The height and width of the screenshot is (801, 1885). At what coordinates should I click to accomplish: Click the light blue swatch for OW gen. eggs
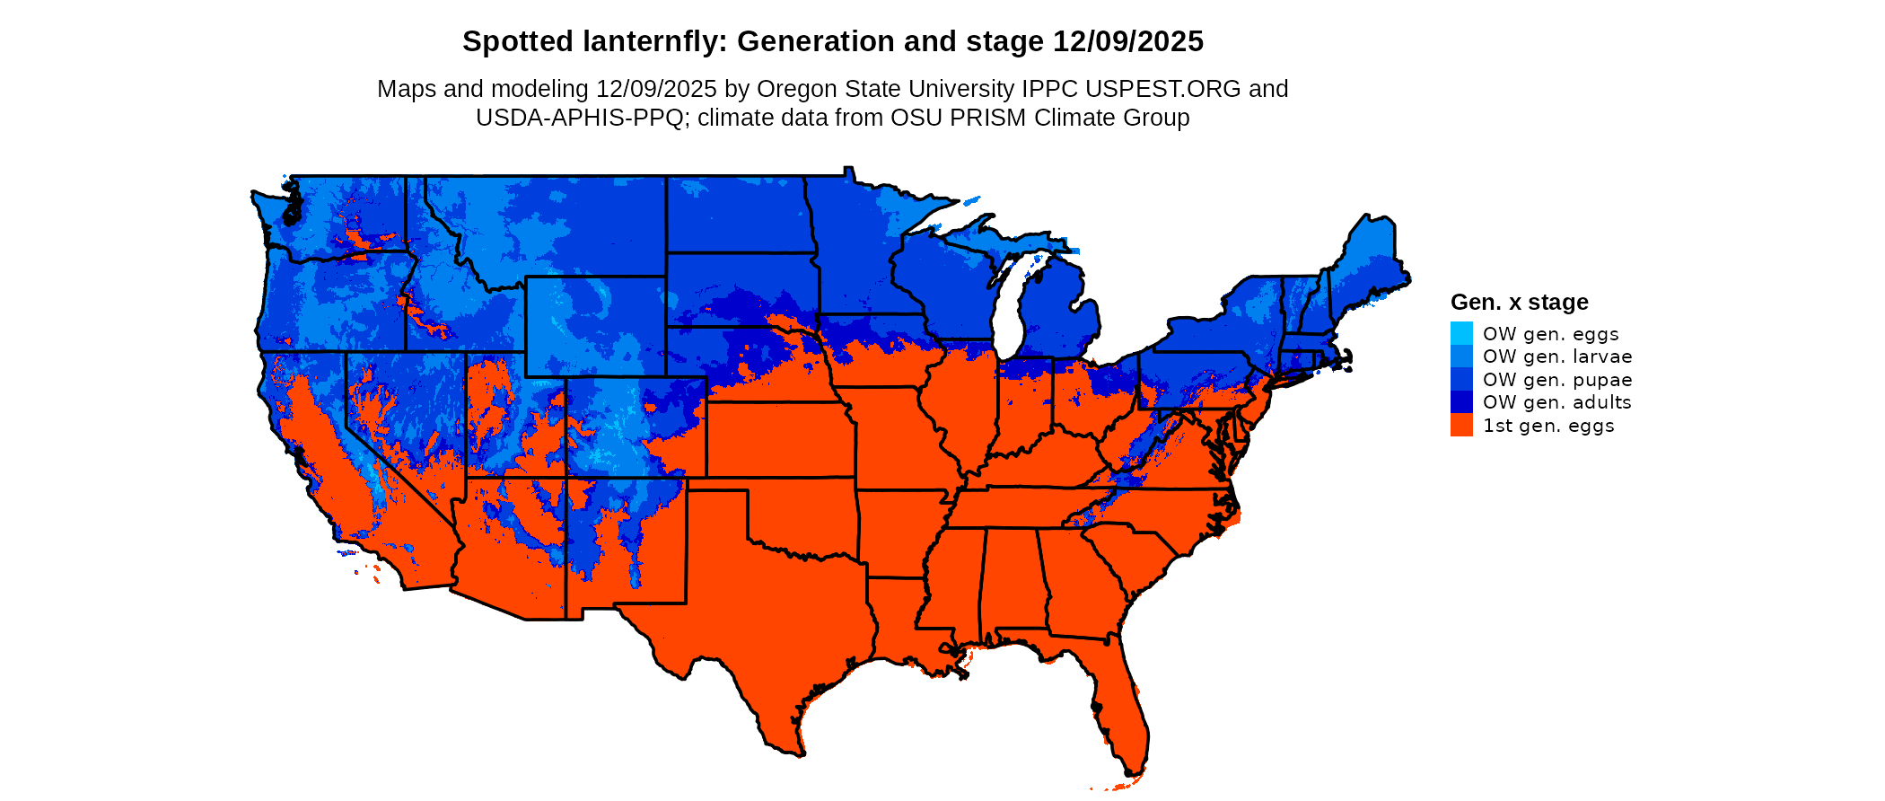(1461, 333)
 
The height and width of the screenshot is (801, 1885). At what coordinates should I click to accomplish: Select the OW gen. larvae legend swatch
(1461, 356)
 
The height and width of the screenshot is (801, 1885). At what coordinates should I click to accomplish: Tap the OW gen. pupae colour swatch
(1461, 380)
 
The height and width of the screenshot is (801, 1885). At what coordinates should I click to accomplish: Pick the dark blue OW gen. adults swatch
(1461, 402)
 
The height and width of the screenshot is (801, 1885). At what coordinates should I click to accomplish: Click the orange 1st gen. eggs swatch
(1461, 426)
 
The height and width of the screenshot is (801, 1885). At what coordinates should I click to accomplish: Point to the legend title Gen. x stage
(1519, 303)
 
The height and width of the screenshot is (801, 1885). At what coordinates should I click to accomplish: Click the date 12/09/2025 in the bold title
(1127, 41)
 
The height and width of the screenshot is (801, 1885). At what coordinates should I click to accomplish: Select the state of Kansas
(779, 440)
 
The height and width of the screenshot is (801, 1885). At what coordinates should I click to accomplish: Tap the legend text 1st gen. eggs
(1548, 426)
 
